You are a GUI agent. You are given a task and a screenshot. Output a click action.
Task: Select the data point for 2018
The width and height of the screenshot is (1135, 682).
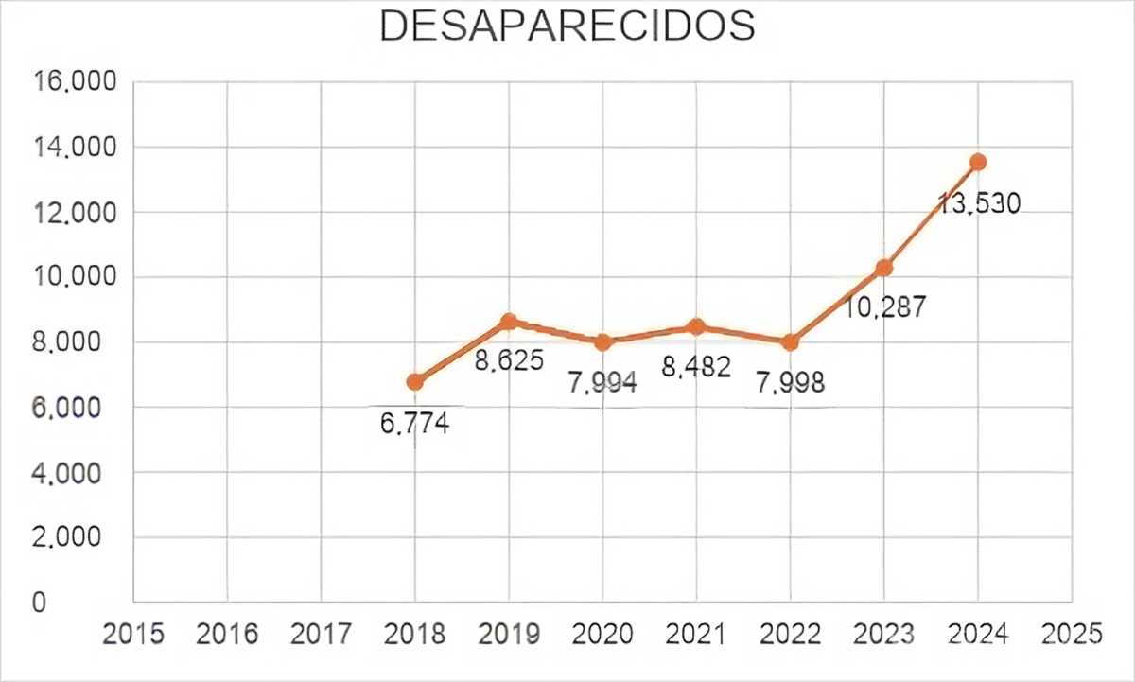415,382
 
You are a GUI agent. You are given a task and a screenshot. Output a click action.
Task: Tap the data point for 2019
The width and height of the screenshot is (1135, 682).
509,322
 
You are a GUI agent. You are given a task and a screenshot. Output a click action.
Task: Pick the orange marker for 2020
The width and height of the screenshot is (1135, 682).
602,342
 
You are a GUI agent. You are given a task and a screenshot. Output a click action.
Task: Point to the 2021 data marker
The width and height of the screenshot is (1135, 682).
696,326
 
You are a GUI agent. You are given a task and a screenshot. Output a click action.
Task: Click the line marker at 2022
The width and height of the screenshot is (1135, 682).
790,342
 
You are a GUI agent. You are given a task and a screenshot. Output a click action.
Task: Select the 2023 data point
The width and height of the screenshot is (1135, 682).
883,268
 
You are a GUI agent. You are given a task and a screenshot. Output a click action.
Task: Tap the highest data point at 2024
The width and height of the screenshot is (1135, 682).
978,162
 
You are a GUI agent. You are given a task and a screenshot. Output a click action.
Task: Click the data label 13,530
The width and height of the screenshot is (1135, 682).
978,203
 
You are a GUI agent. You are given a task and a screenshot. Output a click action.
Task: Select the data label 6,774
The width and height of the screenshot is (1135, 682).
415,424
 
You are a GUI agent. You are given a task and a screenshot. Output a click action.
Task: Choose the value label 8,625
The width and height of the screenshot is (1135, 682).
509,361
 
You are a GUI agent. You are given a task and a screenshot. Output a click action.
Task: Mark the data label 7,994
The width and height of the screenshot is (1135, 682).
602,383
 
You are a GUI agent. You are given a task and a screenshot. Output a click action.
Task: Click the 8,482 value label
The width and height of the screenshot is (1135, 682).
696,367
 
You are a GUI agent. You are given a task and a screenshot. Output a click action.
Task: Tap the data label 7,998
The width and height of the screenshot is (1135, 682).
790,383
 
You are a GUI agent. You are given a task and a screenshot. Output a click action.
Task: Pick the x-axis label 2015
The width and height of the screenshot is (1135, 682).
133,634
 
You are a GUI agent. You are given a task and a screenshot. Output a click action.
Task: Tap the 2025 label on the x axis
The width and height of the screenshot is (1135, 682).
1072,634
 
